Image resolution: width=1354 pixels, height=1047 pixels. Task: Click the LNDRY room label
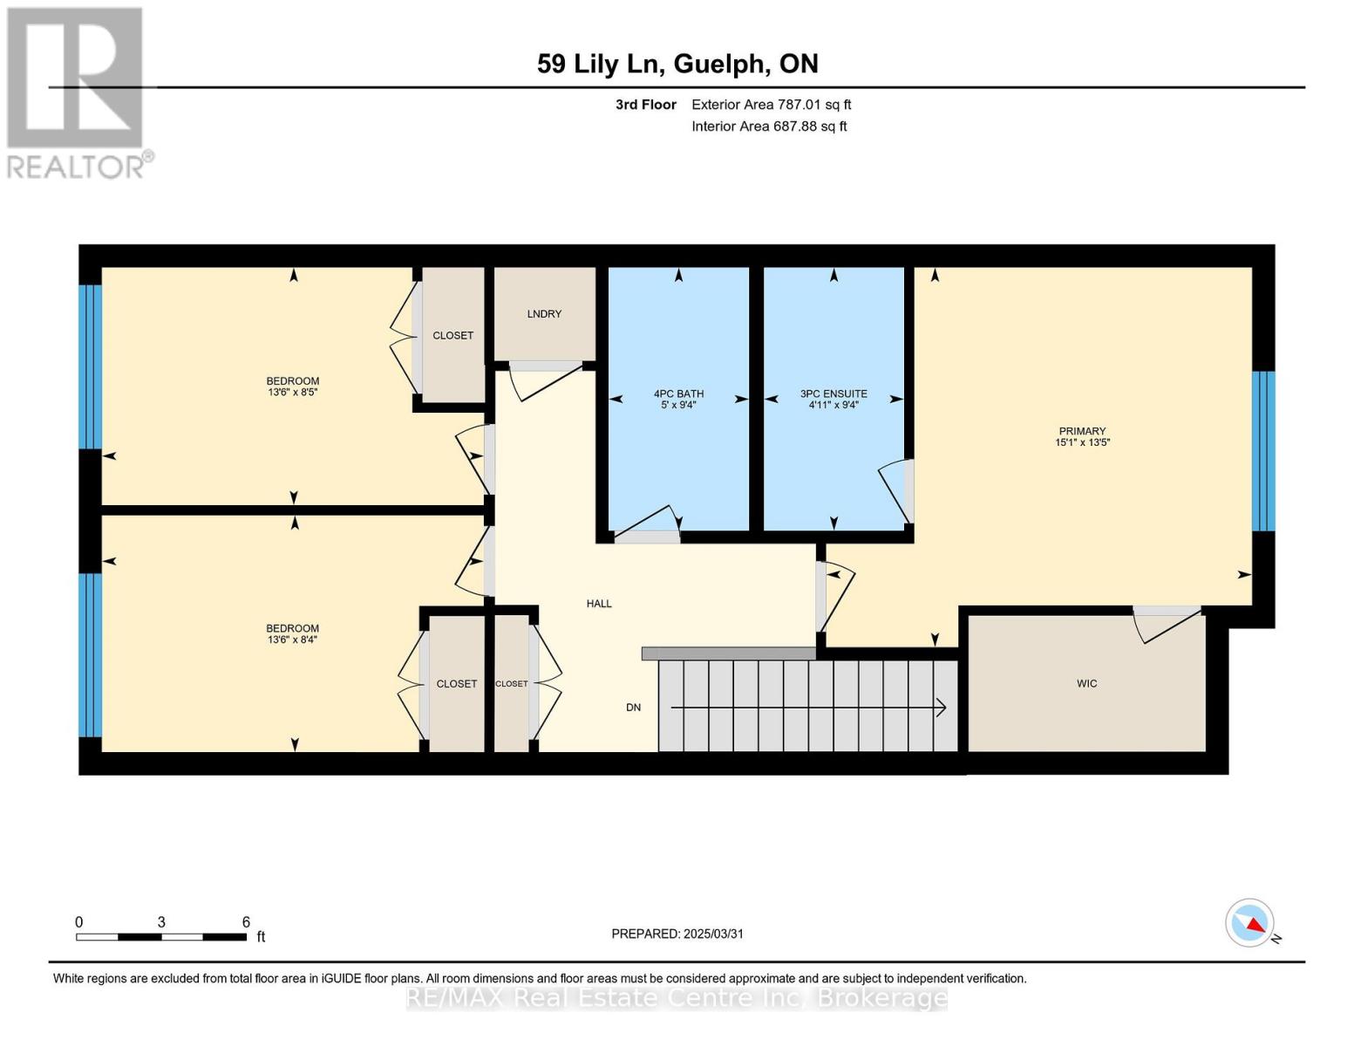[x=544, y=314]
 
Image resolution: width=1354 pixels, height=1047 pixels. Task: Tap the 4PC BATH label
[x=678, y=393]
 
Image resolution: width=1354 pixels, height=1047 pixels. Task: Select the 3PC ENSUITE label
[x=833, y=393]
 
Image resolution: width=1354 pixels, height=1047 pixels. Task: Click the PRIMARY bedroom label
[x=1082, y=431]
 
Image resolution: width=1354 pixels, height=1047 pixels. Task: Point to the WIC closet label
[x=1086, y=683]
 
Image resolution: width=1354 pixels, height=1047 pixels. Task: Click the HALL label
[x=599, y=604]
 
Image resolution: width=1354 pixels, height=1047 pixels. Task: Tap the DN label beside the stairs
[x=633, y=708]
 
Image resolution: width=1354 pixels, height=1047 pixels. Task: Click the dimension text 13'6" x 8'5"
[x=293, y=393]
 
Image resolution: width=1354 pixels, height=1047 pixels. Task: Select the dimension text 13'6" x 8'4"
[x=293, y=640]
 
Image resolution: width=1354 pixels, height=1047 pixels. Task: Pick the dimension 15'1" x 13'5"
[x=1082, y=442]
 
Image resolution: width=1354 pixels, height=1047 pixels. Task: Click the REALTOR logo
[x=76, y=92]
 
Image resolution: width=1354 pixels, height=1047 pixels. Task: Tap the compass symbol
[x=1250, y=923]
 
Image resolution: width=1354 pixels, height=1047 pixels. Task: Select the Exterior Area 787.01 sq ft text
[x=771, y=105]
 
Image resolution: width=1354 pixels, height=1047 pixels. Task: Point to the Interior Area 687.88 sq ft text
[x=769, y=127]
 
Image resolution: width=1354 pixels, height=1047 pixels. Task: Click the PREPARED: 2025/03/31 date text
[x=677, y=934]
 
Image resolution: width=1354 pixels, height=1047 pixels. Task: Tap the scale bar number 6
[x=246, y=922]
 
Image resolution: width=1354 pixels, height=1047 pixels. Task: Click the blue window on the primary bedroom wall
[x=1263, y=451]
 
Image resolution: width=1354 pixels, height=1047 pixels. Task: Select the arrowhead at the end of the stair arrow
[x=941, y=708]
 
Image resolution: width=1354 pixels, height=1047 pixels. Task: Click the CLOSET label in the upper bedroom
[x=453, y=336]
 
